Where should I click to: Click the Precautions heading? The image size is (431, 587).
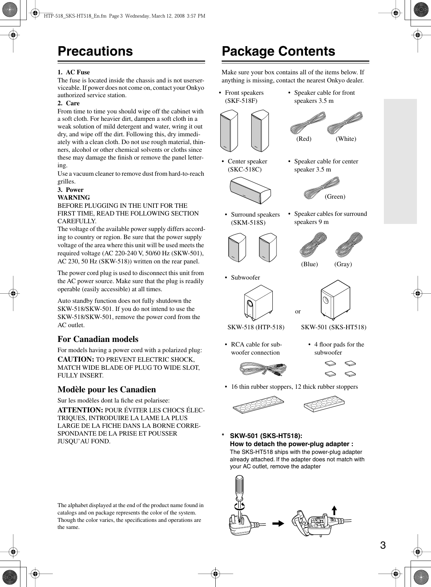click(95, 51)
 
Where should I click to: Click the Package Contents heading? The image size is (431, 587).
click(278, 51)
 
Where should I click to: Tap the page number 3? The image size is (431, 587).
click(383, 545)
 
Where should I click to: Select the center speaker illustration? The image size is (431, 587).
click(250, 191)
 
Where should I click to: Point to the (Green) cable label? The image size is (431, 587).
click(335, 196)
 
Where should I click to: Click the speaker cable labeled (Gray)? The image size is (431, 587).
click(349, 244)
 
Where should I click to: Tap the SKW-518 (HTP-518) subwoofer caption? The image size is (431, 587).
click(256, 327)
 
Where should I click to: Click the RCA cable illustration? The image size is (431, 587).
click(263, 369)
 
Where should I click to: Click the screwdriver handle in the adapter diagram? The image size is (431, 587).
click(239, 487)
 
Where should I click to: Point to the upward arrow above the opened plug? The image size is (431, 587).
click(334, 510)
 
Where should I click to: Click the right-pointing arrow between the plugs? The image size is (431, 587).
click(278, 524)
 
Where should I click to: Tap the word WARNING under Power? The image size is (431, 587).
click(74, 198)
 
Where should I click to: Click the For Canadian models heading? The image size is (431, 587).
click(98, 339)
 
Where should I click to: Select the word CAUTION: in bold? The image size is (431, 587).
click(76, 360)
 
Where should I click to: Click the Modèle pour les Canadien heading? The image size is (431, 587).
click(107, 389)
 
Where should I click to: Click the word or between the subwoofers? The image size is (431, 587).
click(298, 311)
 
